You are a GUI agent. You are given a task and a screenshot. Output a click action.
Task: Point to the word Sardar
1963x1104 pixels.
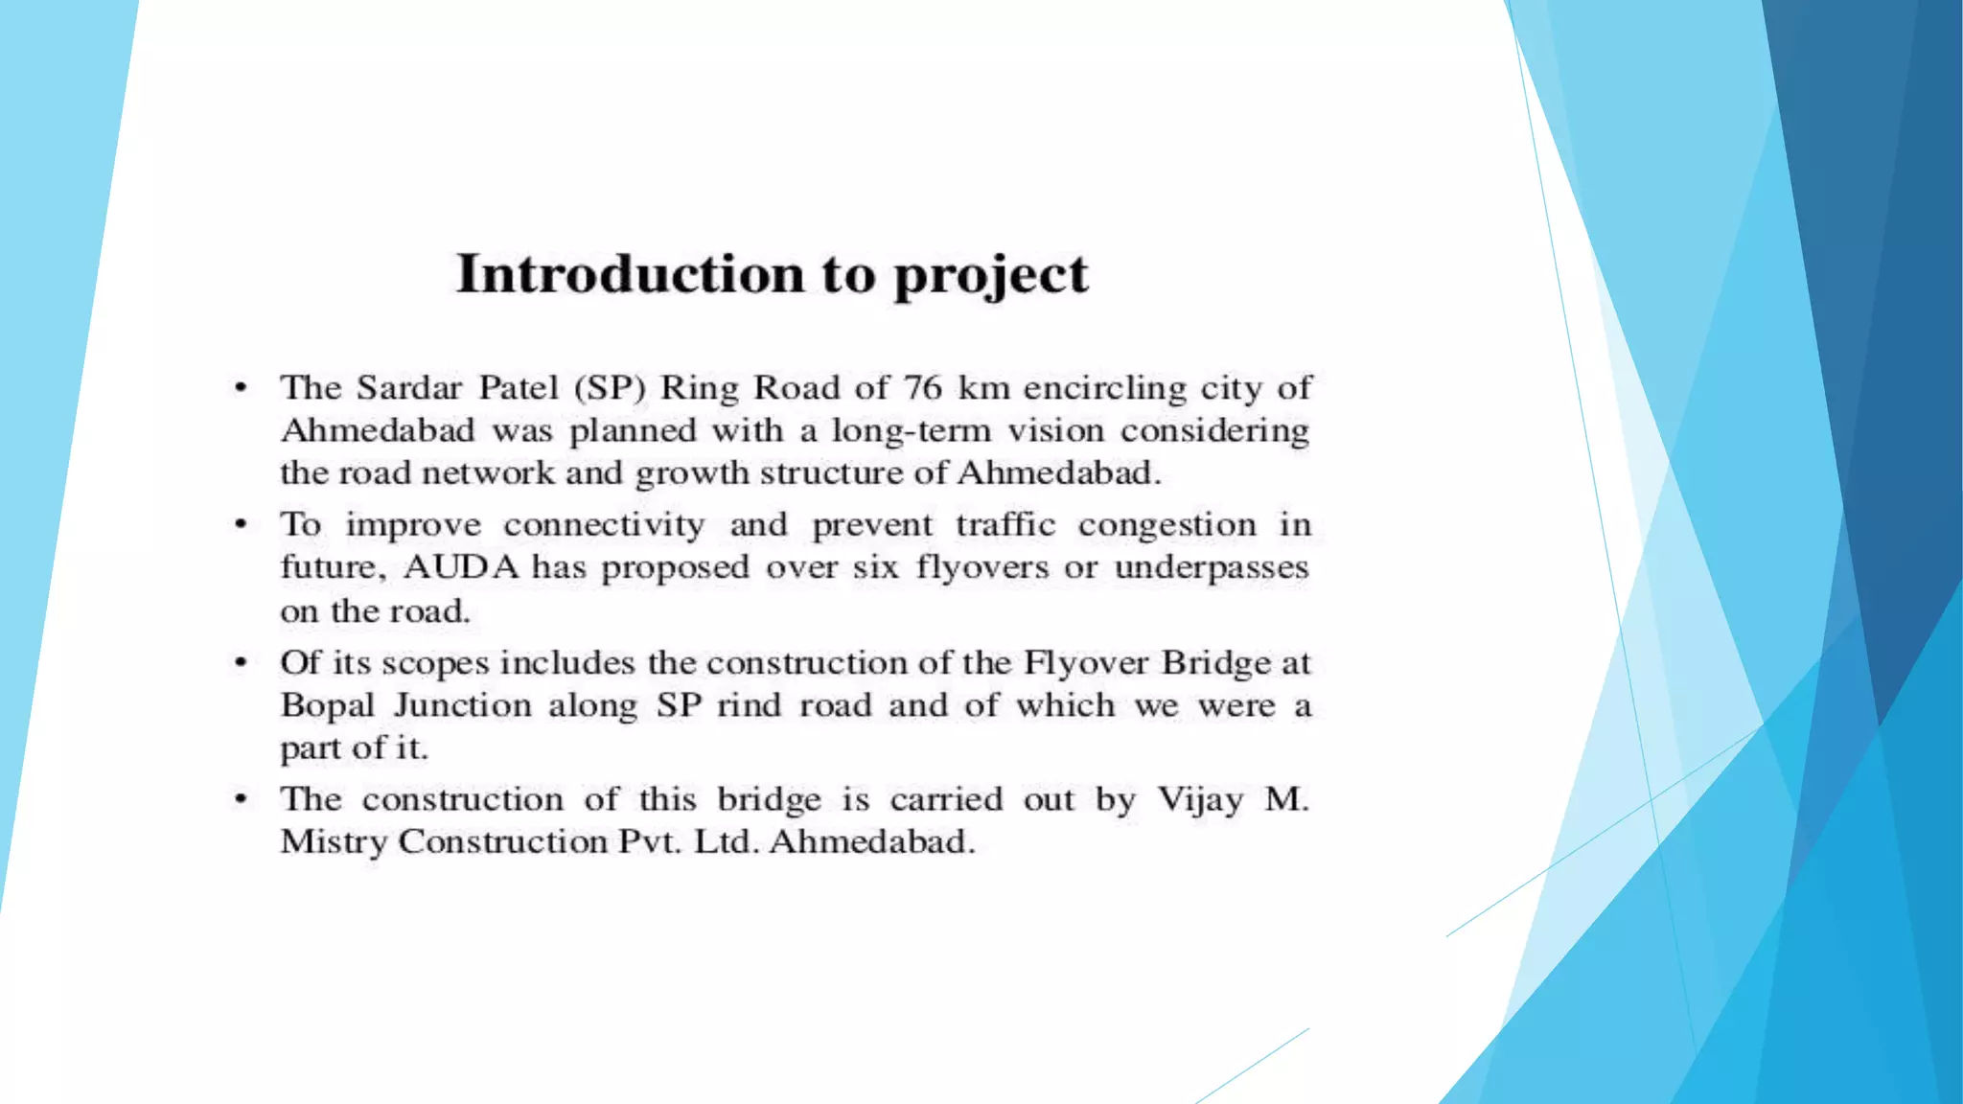pyautogui.click(x=409, y=387)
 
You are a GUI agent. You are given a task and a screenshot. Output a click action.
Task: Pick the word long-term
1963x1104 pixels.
pyautogui.click(x=911, y=431)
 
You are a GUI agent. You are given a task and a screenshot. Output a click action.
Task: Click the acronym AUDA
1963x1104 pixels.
pyautogui.click(x=461, y=567)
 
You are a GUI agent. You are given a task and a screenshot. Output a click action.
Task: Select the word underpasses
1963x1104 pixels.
pyautogui.click(x=1211, y=567)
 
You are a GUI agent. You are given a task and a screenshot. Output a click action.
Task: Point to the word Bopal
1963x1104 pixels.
pyautogui.click(x=328, y=705)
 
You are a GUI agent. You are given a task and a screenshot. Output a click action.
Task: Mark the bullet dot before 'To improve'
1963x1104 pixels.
pyautogui.click(x=242, y=525)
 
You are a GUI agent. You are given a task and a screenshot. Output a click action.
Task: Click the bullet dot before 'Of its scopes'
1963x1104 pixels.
pyautogui.click(x=242, y=662)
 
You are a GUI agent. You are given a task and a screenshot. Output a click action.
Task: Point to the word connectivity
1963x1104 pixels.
pyautogui.click(x=604, y=525)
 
